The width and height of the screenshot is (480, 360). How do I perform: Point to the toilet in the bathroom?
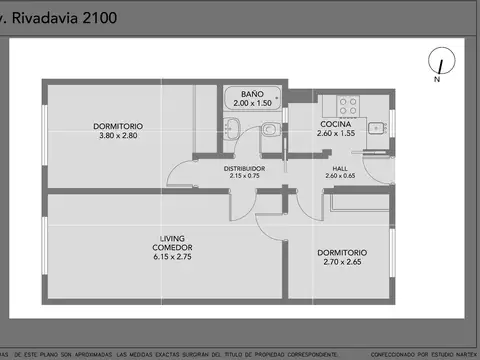tap(270, 128)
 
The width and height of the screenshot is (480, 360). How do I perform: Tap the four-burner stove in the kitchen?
tap(348, 103)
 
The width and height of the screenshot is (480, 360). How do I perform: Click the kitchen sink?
tap(376, 128)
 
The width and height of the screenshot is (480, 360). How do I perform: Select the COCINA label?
tap(335, 124)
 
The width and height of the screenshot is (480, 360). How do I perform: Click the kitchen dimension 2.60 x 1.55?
tap(335, 133)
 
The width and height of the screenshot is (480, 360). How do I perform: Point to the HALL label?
tap(340, 168)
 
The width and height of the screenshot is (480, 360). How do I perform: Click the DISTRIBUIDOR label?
tap(244, 168)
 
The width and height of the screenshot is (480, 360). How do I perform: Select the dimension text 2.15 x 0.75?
tap(244, 176)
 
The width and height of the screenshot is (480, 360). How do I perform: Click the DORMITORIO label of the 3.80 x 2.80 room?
tap(118, 126)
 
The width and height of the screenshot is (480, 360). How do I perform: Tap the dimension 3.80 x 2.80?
tap(118, 135)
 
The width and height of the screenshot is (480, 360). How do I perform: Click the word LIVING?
tap(172, 238)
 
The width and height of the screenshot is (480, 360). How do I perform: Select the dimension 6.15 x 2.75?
tap(172, 257)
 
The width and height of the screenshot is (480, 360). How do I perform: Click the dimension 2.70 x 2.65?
tap(341, 261)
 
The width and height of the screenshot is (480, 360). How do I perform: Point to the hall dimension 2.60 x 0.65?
tap(340, 176)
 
